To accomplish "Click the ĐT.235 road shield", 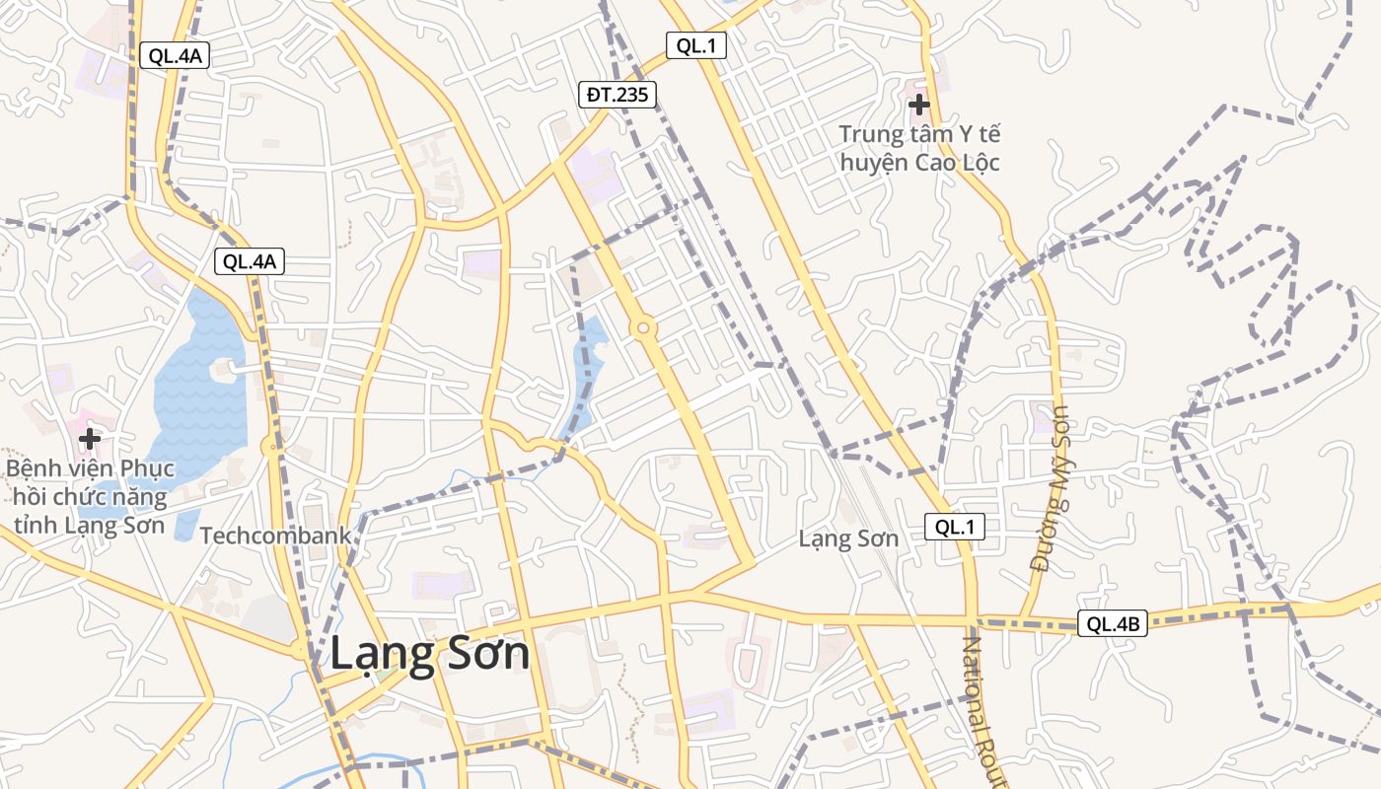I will coord(618,95).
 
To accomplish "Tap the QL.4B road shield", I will coord(1112,623).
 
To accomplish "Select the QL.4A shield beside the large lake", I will coord(251,261).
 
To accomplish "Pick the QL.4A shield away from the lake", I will coord(175,55).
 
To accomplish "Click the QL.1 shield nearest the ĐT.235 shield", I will coord(695,45).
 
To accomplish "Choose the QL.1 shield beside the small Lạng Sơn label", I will coord(955,527).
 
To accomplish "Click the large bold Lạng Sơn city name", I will coord(429,654).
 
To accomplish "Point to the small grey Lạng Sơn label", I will coord(848,538).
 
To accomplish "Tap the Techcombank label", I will coord(275,536).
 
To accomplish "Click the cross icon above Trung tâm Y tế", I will coord(919,103).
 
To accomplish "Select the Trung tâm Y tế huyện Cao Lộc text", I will coord(919,148).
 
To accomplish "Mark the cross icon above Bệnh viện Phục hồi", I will coord(90,437).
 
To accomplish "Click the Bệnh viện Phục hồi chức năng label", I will coord(90,496).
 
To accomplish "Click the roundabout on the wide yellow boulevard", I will coord(643,327).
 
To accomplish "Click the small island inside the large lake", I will coord(223,371).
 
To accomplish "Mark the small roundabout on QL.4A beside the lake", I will coord(271,447).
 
